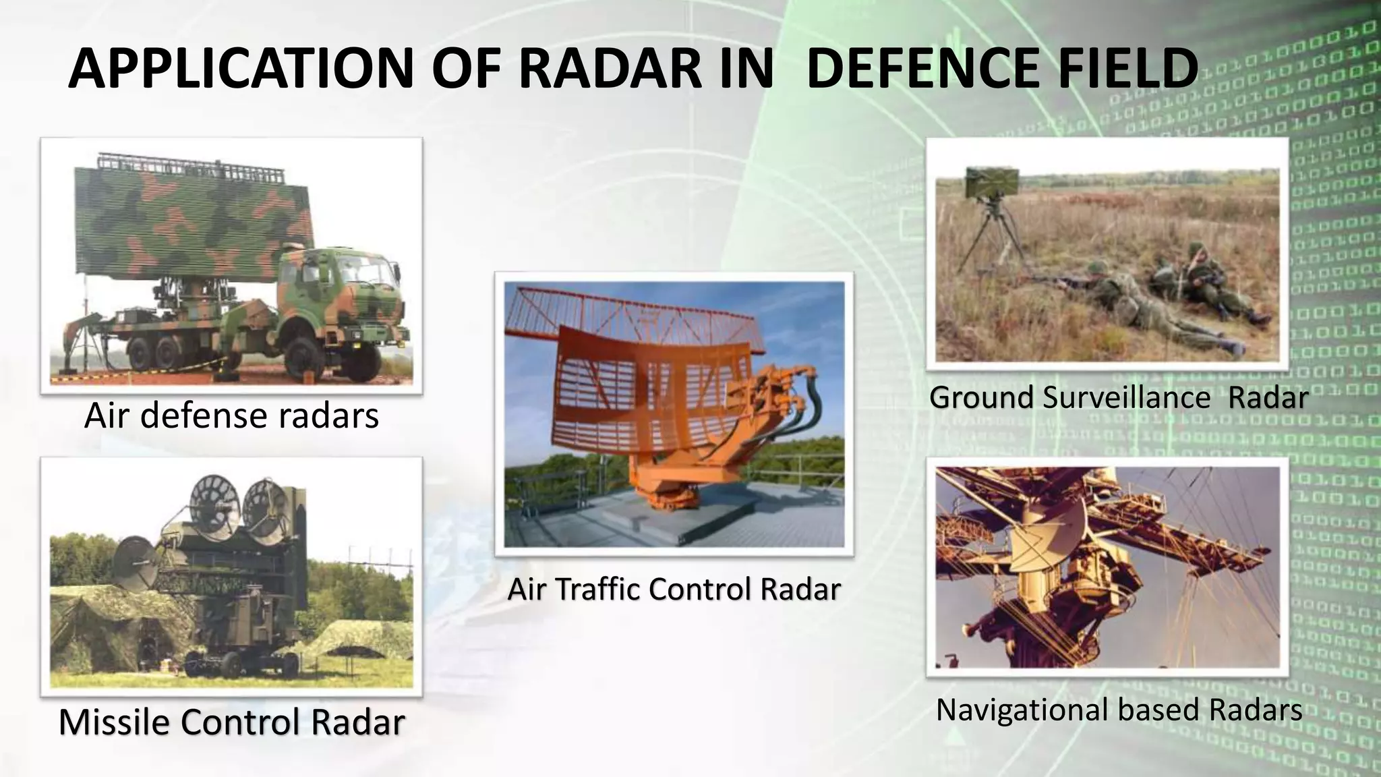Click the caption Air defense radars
(231, 415)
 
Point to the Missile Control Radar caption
(231, 722)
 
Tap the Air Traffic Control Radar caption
(674, 589)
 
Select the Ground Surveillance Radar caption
(1119, 397)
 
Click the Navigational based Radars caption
(1119, 710)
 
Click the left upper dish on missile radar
(214, 499)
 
